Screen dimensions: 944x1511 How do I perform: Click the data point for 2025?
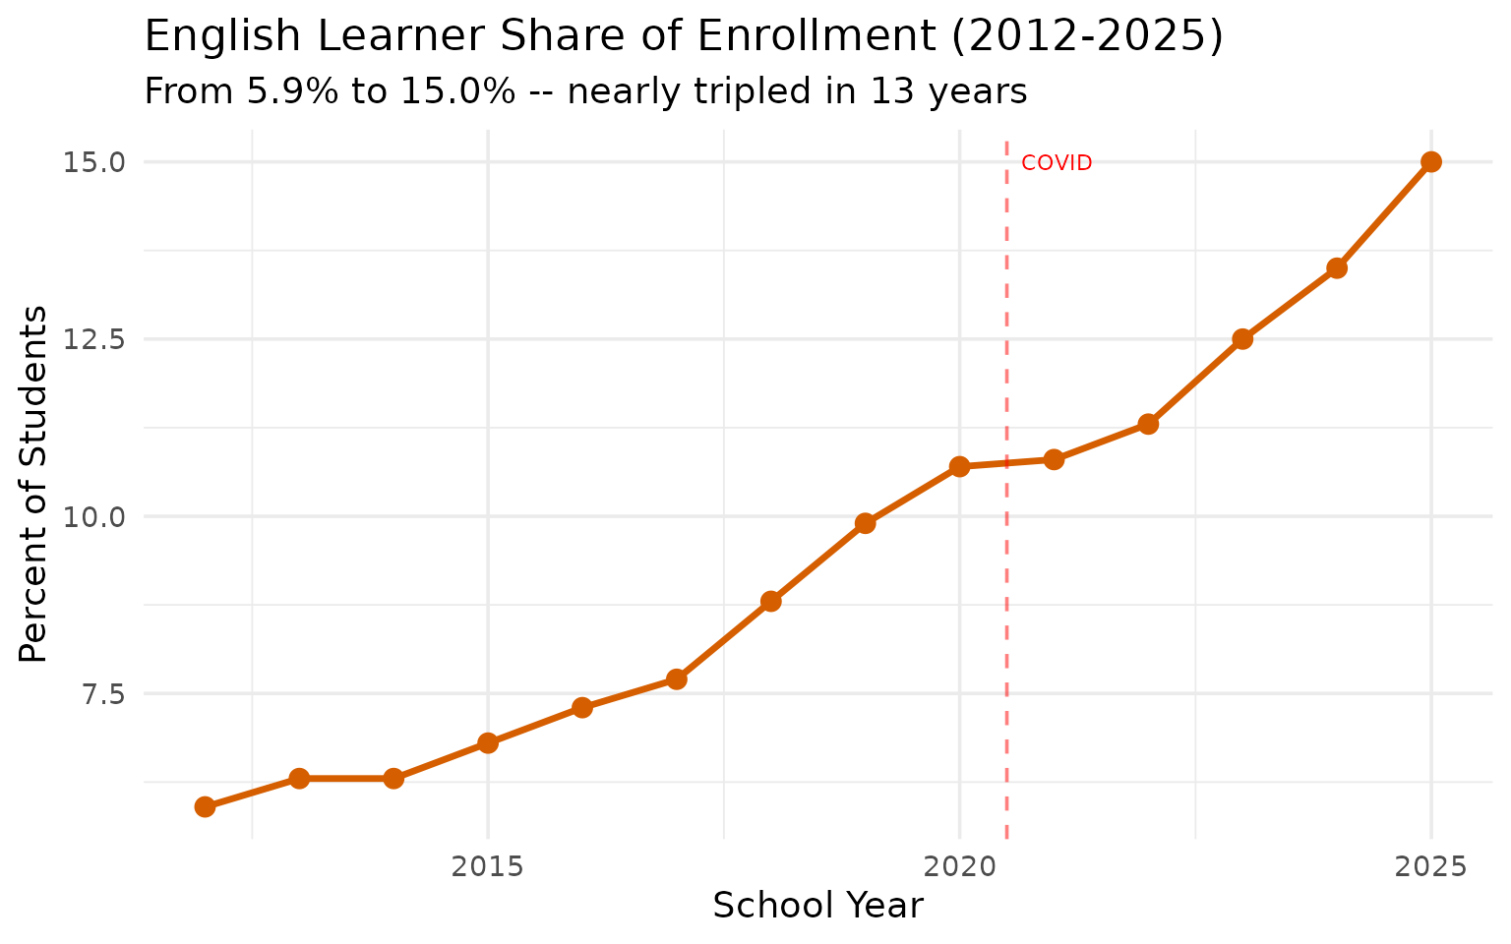coord(1431,162)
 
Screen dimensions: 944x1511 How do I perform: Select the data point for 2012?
coord(205,806)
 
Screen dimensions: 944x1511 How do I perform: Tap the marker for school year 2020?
coord(959,466)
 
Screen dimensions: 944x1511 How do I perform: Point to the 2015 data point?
coord(488,742)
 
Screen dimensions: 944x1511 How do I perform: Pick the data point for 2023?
coord(1242,339)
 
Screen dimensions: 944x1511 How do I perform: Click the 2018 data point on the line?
coord(771,601)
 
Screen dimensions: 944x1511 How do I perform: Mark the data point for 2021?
coord(1054,459)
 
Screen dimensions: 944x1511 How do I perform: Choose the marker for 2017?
coord(677,679)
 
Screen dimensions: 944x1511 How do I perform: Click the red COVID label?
coord(1057,163)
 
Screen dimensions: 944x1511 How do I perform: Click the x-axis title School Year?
coord(817,906)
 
